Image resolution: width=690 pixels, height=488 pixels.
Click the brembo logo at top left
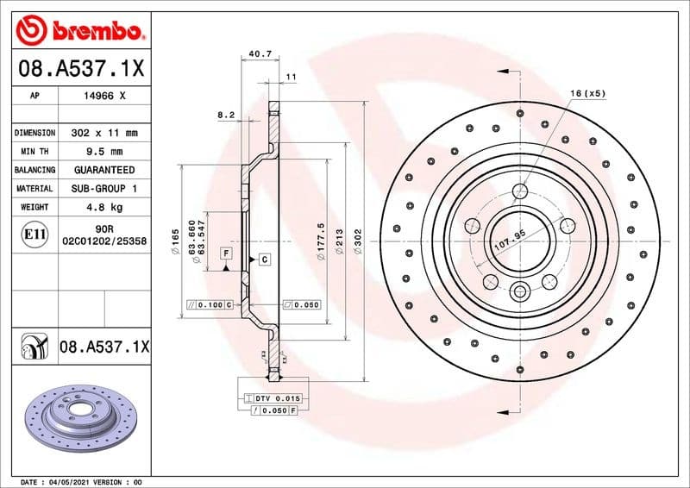[79, 32]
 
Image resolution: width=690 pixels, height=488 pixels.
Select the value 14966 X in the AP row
[104, 97]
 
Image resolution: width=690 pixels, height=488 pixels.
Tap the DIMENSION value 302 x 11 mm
[104, 134]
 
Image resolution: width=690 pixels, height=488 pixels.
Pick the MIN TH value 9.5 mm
[104, 152]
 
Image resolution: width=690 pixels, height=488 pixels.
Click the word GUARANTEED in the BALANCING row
[104, 170]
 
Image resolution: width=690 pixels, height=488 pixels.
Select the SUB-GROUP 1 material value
[104, 188]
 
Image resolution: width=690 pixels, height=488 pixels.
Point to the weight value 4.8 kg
[104, 207]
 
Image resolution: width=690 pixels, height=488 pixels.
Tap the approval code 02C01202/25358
[104, 242]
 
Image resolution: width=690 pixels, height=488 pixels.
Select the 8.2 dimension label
[226, 114]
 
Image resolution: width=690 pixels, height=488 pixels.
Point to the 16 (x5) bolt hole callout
[588, 92]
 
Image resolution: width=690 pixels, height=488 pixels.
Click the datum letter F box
[226, 253]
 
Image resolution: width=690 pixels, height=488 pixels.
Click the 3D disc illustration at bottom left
[78, 417]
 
